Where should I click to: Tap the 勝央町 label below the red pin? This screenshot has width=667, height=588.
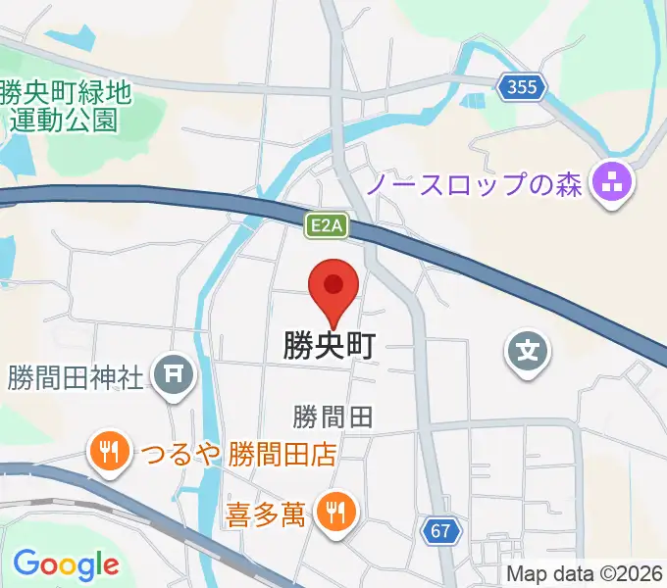pyautogui.click(x=331, y=346)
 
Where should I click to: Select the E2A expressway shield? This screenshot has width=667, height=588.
pyautogui.click(x=325, y=226)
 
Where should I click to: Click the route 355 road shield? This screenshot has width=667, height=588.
pyautogui.click(x=522, y=88)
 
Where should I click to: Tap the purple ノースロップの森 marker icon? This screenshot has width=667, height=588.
pyautogui.click(x=614, y=181)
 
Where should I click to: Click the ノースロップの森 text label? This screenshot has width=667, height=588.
pyautogui.click(x=476, y=182)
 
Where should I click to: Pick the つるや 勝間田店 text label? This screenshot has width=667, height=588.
pyautogui.click(x=237, y=454)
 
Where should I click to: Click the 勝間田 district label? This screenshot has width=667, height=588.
pyautogui.click(x=333, y=417)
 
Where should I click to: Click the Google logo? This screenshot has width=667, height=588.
pyautogui.click(x=66, y=564)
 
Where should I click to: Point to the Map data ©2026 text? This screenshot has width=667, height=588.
pyautogui.click(x=584, y=574)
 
